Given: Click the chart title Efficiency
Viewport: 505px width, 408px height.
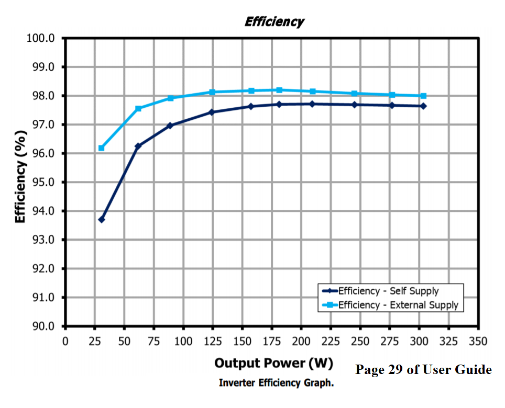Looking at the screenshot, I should [x=273, y=22].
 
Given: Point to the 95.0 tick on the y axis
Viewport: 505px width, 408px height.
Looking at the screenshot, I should [x=44, y=182].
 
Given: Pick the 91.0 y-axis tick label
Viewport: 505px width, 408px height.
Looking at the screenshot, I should [x=44, y=297].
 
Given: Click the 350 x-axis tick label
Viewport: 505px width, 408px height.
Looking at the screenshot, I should [x=478, y=342].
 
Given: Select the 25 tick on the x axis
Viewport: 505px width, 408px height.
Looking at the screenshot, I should [x=95, y=342].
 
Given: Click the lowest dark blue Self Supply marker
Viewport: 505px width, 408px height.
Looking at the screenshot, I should [x=102, y=219].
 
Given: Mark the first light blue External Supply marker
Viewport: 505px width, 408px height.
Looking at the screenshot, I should [x=102, y=148].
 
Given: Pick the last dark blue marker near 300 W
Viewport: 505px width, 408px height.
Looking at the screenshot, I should [x=423, y=106].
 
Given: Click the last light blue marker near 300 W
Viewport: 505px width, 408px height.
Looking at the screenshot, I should [x=423, y=96].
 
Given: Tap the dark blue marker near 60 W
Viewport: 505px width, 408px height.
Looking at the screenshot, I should [x=138, y=146].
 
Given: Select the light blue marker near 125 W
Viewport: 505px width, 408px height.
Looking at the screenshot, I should [x=212, y=92].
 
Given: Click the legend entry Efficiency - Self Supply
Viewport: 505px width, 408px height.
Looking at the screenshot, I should [x=388, y=291].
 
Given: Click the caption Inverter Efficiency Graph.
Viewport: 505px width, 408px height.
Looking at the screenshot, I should [x=276, y=383].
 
